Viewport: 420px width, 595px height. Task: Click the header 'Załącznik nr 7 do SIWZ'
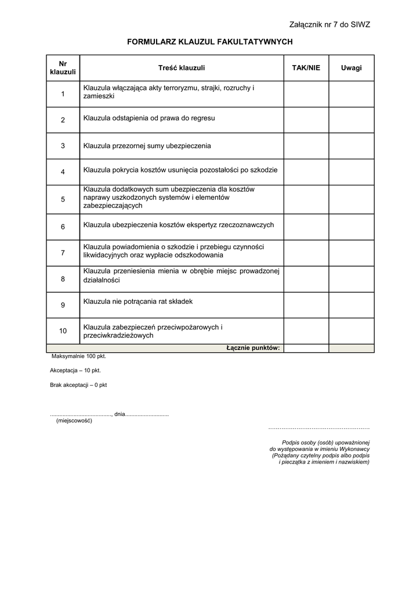click(x=329, y=24)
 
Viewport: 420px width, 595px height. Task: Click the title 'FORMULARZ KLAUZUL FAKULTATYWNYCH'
click(x=210, y=42)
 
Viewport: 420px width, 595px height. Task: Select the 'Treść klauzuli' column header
click(x=181, y=68)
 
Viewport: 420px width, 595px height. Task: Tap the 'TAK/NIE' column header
click(x=306, y=68)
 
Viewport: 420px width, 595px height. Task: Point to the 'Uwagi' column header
click(x=351, y=68)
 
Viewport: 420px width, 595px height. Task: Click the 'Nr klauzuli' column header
click(x=63, y=68)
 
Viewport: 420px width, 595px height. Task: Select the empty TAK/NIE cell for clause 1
click(x=306, y=94)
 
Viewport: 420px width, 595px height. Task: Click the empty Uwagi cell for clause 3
click(x=351, y=146)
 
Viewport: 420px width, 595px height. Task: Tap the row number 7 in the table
click(x=63, y=253)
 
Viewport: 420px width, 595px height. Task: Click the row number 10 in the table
click(x=63, y=331)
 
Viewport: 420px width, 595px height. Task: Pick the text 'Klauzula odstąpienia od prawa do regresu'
click(x=149, y=118)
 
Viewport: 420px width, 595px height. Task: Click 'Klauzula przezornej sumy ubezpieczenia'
click(x=147, y=146)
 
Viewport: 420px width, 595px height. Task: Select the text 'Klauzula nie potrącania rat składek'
click(x=138, y=302)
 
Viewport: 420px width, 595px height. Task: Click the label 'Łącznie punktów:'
click(x=253, y=348)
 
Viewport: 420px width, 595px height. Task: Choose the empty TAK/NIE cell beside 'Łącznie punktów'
click(x=306, y=348)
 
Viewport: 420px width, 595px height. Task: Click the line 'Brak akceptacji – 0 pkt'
click(x=78, y=385)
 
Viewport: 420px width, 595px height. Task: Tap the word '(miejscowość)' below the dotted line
click(x=74, y=421)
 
